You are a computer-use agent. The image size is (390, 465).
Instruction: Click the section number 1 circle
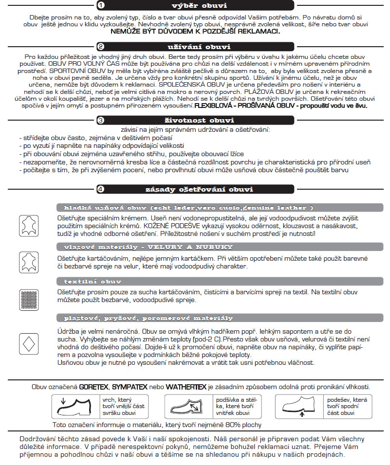100,6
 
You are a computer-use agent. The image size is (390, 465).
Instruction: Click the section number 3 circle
100,120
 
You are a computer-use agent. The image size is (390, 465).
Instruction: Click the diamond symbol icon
28,343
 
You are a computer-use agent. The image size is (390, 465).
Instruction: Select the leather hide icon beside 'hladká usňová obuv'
28,225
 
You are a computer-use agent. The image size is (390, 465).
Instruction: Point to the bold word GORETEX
94,387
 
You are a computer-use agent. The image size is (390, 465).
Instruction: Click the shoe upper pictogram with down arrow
75,406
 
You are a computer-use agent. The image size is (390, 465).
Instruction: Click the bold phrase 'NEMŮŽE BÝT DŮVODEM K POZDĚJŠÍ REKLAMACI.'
195,31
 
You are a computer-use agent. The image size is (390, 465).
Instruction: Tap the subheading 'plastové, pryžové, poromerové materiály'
149,318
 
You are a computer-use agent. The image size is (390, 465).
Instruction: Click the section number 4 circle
100,189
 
